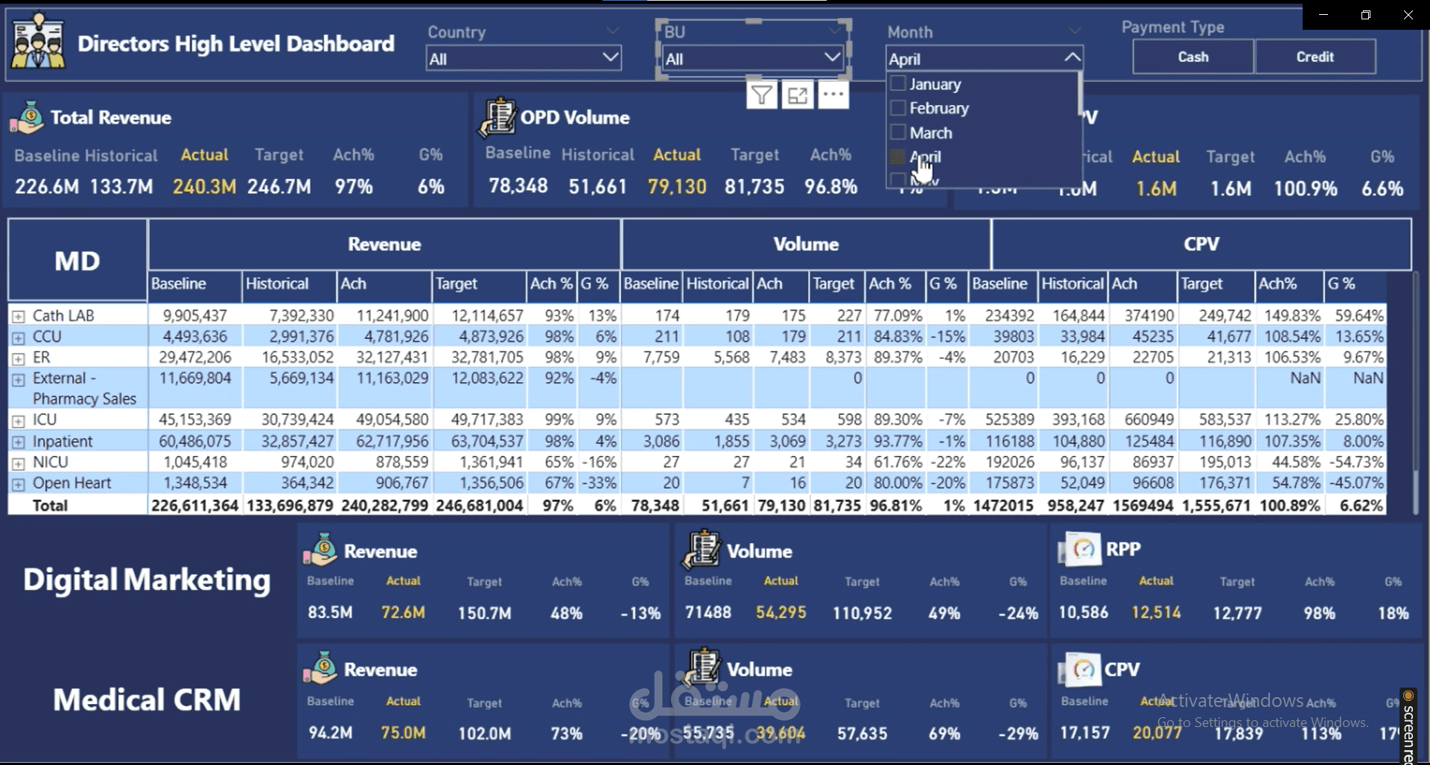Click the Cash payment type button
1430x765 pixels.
1192,57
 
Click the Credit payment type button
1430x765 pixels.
1315,57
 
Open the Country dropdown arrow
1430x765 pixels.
610,57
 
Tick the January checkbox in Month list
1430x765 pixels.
898,83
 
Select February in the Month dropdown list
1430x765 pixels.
938,108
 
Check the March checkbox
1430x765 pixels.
898,133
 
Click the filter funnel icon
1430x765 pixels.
761,95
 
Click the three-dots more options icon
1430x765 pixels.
833,95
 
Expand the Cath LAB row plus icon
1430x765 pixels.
18,316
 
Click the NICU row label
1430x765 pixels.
50,462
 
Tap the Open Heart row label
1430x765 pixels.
71,483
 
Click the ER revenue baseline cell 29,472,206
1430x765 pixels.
195,357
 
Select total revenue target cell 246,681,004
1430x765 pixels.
479,505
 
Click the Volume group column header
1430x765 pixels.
806,244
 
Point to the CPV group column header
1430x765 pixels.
1201,244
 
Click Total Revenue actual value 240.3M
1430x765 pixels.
204,186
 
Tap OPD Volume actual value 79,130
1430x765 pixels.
676,186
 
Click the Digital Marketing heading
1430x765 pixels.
147,580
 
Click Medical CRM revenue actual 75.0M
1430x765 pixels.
403,733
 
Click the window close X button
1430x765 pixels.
1408,15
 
